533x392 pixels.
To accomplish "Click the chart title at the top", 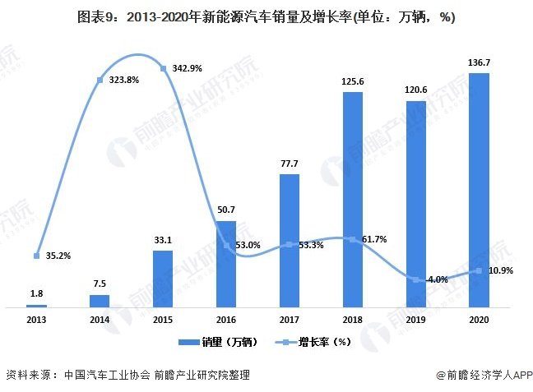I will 266,16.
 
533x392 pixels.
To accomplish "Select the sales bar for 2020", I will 479,190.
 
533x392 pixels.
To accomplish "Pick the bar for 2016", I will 226,264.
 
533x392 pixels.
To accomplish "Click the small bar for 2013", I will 36,305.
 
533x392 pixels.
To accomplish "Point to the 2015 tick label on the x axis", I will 163,320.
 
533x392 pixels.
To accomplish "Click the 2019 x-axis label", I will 415,320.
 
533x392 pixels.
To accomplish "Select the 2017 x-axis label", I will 290,320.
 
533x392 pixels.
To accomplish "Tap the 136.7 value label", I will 479,63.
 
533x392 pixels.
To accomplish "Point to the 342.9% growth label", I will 188,68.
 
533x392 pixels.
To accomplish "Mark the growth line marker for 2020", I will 479,270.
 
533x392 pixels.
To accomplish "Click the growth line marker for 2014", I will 100,80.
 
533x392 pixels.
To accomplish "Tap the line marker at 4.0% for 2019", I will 415,279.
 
